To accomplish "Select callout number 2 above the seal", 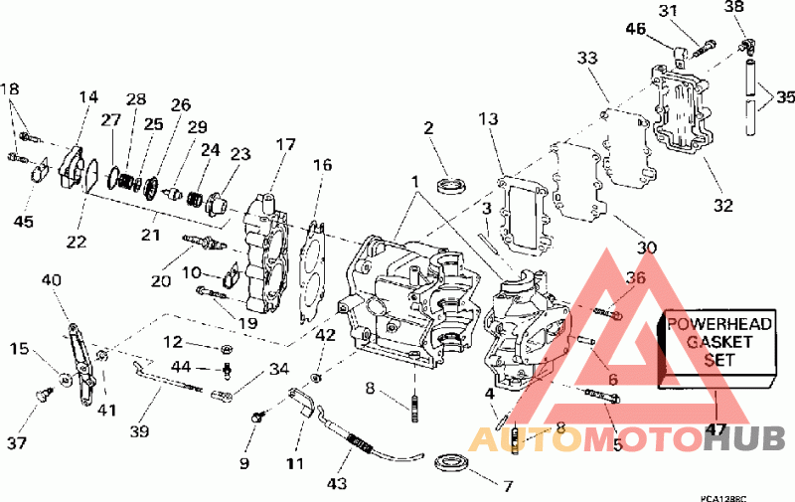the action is pyautogui.click(x=428, y=128).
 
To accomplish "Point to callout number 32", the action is pyautogui.click(x=722, y=206).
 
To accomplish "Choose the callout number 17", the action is pyautogui.click(x=285, y=145).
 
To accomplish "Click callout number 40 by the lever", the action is pyautogui.click(x=52, y=280).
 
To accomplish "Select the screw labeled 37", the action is pyautogui.click(x=44, y=396).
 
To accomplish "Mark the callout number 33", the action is pyautogui.click(x=587, y=59).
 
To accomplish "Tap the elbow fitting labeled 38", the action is pyautogui.click(x=746, y=44).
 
